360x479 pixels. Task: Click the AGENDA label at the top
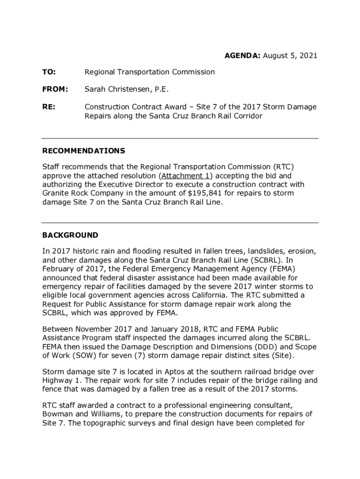[243, 56]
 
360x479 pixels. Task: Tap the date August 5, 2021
[290, 56]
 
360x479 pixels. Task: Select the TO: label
[49, 72]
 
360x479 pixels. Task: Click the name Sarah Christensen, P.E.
[126, 89]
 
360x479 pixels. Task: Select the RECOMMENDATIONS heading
[84, 151]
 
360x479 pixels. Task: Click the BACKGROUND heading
[70, 235]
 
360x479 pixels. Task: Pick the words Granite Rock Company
[83, 193]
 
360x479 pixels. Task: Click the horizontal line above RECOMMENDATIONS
[180, 138]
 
